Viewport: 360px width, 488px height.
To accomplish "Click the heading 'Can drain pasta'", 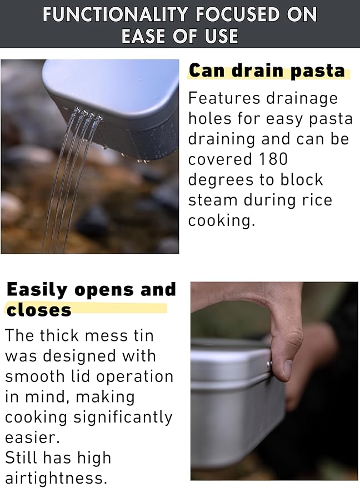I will [267, 71].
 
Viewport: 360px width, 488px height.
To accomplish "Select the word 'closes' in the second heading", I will [39, 310].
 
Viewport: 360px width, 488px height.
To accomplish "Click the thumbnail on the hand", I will [287, 368].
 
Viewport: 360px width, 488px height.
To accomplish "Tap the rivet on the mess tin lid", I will [269, 364].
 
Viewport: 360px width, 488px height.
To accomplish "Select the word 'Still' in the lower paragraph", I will [21, 457].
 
